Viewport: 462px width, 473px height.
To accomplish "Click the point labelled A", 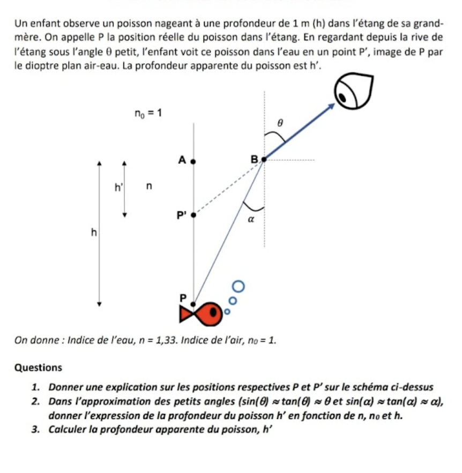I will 194,160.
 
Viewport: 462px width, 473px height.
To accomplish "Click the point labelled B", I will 264,159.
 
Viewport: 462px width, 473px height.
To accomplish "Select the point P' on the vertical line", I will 194,215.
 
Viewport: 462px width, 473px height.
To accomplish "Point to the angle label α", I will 250,219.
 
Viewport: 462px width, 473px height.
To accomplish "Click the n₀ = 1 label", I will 147,113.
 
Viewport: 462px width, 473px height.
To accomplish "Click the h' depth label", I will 118,187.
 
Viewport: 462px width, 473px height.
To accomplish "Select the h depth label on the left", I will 94,232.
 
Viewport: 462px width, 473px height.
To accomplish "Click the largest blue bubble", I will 238,285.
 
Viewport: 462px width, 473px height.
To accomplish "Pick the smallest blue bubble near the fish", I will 227,311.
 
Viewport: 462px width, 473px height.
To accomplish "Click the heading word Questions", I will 39,368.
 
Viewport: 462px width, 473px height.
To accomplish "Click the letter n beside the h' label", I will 150,186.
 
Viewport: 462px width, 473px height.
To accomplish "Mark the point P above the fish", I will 193,304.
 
